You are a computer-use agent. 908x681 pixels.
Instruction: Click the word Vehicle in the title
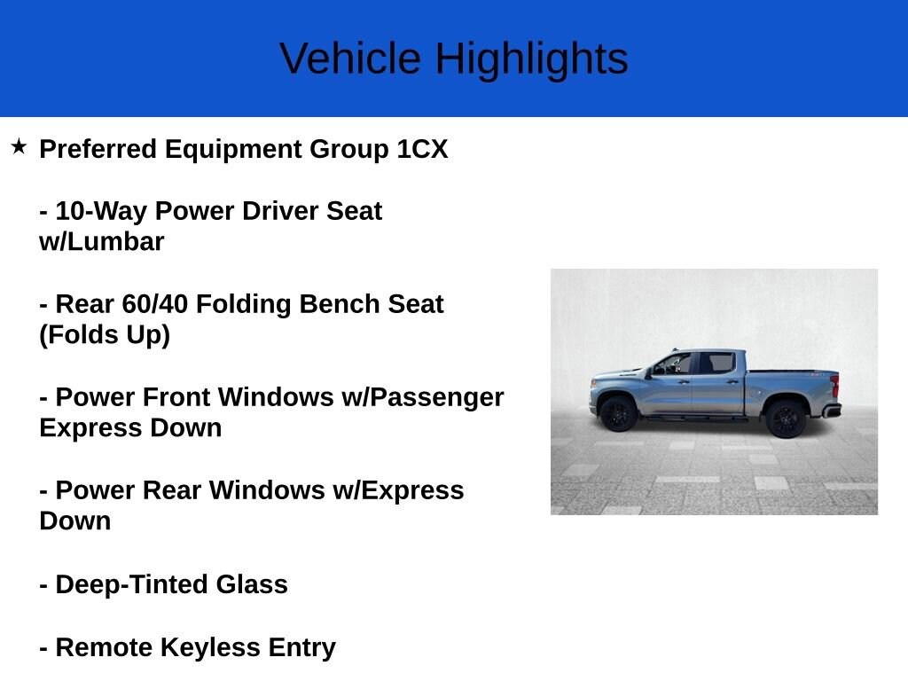350,59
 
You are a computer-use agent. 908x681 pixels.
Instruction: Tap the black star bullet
19,146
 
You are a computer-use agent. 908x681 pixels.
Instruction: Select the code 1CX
422,149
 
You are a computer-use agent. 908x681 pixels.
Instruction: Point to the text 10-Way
101,211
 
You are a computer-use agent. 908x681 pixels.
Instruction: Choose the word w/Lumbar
102,242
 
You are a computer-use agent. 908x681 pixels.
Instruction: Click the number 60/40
154,304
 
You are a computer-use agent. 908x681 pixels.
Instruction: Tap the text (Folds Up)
105,334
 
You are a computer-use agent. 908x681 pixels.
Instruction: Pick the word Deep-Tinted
132,585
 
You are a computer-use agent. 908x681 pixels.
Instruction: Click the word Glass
252,584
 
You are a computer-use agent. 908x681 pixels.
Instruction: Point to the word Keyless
210,648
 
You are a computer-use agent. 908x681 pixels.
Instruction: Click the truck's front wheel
618,413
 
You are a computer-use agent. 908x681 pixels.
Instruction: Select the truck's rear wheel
786,419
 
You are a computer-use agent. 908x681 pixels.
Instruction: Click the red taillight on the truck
835,387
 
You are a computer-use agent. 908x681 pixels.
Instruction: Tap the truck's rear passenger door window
717,363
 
